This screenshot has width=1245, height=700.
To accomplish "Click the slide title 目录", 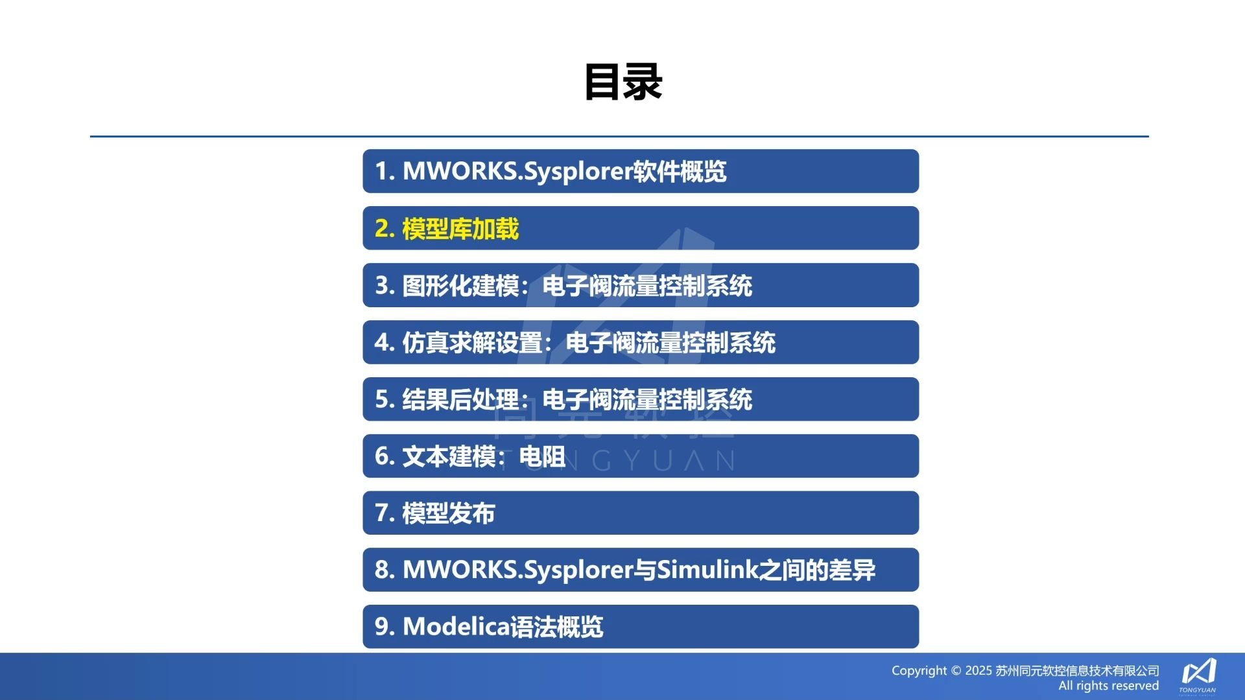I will [622, 82].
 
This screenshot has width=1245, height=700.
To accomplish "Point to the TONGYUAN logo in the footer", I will [1198, 674].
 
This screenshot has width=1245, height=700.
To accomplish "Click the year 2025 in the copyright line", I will [978, 671].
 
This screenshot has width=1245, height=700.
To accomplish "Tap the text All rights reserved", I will [1108, 686].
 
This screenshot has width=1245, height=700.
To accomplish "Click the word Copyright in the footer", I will [919, 671].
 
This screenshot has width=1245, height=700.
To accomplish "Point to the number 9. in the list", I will [385, 627].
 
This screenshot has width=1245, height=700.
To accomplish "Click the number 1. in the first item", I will [385, 171].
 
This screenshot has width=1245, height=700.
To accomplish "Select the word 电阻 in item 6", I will [542, 456].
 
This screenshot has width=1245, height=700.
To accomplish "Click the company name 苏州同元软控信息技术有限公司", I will [1077, 671].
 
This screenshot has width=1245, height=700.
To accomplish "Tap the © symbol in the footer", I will [956, 671].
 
